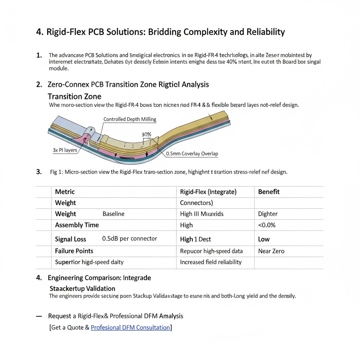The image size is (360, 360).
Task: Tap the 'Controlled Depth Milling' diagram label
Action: (x=130, y=119)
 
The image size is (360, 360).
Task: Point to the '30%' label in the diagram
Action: (x=146, y=135)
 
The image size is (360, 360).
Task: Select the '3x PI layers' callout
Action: (x=65, y=150)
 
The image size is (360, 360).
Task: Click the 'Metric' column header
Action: (x=65, y=192)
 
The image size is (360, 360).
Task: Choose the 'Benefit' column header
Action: (x=269, y=192)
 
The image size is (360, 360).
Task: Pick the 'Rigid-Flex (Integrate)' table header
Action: (x=208, y=192)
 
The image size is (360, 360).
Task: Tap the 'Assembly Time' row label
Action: (x=77, y=225)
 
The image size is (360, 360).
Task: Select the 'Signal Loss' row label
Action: (x=71, y=239)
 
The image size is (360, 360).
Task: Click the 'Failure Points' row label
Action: (x=74, y=251)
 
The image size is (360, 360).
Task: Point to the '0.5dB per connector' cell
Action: (x=129, y=239)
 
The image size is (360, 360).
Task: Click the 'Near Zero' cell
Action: (x=271, y=251)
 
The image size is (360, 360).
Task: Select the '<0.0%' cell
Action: (x=267, y=225)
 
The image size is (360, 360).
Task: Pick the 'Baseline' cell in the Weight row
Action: (x=113, y=214)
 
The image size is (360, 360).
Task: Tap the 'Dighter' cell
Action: (x=268, y=214)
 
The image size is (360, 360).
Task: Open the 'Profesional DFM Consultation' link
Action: (x=130, y=328)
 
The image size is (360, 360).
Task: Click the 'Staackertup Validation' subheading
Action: (x=83, y=288)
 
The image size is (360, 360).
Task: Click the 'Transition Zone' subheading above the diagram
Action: (x=75, y=96)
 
